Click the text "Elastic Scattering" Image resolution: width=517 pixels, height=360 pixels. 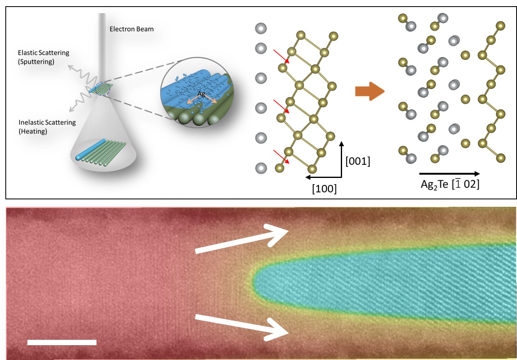(43, 53)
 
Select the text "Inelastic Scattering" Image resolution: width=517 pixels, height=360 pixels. (47, 122)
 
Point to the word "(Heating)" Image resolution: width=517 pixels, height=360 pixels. (33, 131)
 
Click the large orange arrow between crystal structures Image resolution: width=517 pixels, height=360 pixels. (369, 91)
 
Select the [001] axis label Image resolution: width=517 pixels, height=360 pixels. (357, 162)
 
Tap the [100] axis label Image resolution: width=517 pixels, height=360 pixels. (324, 189)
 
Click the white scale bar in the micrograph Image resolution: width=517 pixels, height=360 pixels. (62, 342)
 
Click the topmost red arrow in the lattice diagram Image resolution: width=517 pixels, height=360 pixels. (281, 56)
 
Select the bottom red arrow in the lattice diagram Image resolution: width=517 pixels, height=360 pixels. (282, 157)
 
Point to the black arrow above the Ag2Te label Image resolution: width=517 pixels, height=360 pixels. (449, 174)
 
